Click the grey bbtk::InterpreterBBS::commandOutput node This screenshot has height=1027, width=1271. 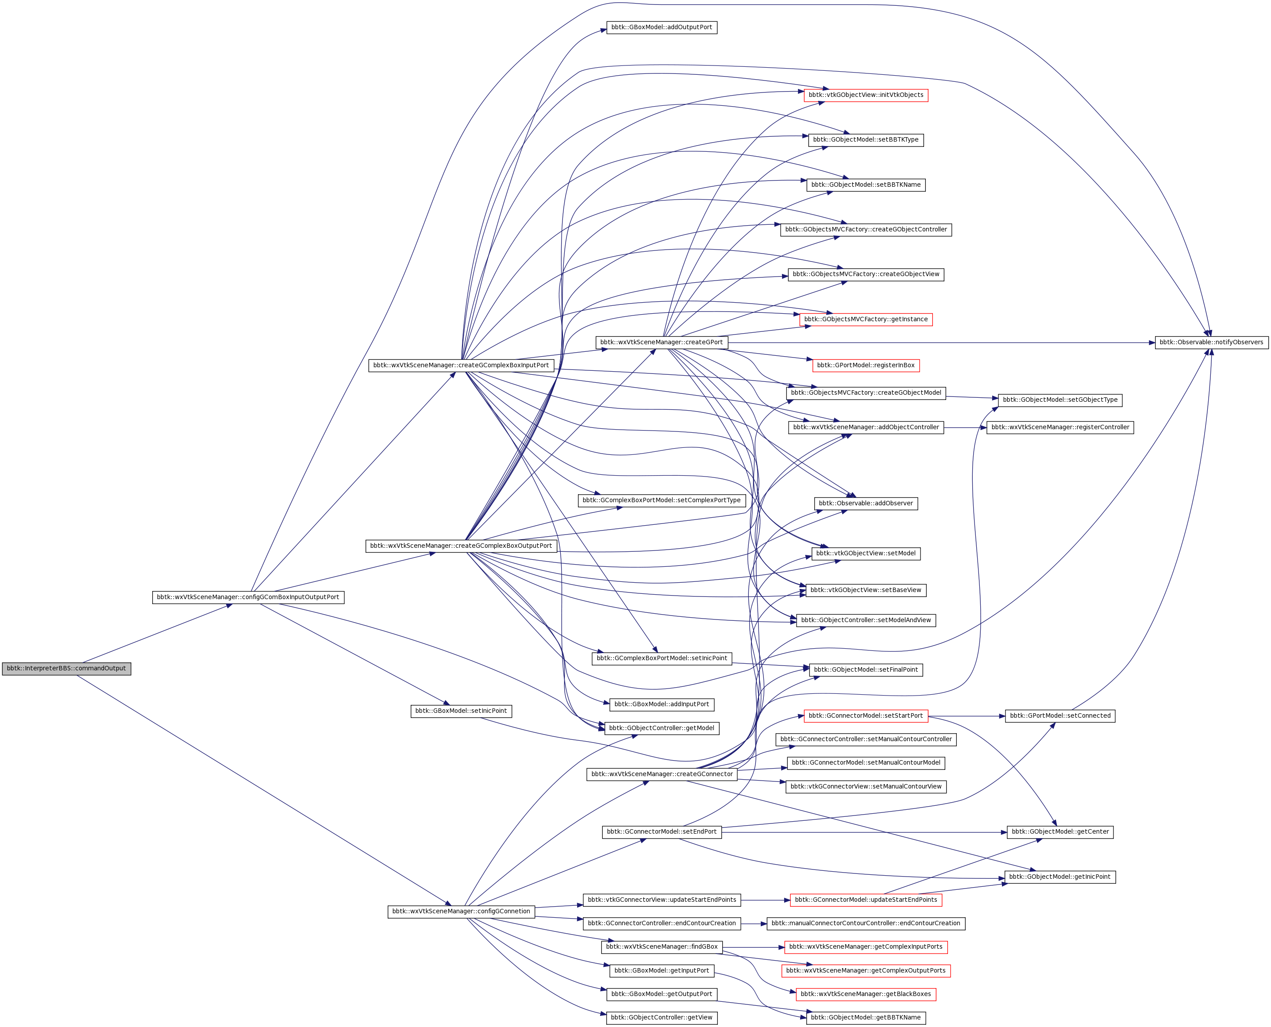[x=66, y=669]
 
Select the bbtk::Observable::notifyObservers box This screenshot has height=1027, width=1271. [x=1211, y=342]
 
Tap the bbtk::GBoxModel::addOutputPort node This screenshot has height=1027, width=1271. [x=662, y=27]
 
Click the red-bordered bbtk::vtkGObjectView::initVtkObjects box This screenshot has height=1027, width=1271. [x=866, y=95]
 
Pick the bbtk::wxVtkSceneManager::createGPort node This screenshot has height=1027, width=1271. [x=661, y=342]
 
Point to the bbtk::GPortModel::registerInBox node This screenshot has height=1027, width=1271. [x=866, y=365]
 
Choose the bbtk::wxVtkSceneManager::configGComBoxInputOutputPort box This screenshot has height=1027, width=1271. [x=248, y=597]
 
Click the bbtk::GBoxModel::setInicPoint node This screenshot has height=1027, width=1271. [x=461, y=711]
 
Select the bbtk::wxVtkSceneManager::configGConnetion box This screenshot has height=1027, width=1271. [x=461, y=911]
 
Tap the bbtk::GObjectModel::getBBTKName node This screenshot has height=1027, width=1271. [x=866, y=1018]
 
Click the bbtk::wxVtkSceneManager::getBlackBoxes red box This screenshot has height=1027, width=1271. [x=866, y=994]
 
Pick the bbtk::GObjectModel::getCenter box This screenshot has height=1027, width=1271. [x=1060, y=832]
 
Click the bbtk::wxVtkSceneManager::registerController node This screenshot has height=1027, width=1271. [x=1060, y=427]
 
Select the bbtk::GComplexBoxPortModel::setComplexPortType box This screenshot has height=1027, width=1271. [x=662, y=500]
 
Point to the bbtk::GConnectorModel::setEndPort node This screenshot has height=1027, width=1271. [x=662, y=832]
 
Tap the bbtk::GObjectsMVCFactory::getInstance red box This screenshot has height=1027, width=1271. [x=866, y=319]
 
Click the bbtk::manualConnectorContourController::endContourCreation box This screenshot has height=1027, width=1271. [x=866, y=923]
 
